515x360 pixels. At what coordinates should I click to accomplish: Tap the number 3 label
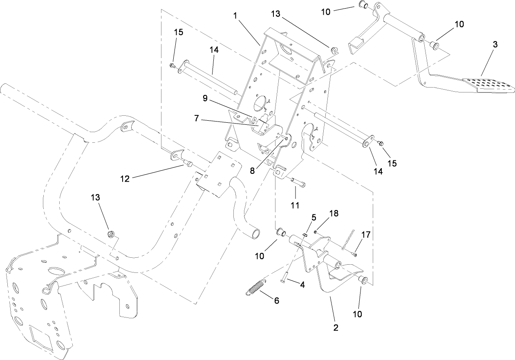(x=495, y=45)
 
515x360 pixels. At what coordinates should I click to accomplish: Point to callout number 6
(x=277, y=300)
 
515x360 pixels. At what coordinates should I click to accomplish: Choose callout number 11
(x=295, y=204)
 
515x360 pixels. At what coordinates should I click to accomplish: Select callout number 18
(x=334, y=213)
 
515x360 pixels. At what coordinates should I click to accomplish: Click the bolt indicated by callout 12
(x=188, y=164)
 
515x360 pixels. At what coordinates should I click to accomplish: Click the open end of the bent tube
(x=256, y=234)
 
